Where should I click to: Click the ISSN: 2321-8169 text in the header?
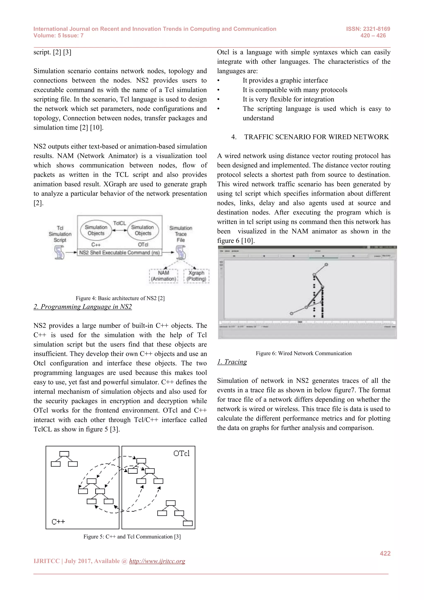pos(368,29)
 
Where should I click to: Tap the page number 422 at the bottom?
pos(385,553)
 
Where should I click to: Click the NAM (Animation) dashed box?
pos(164,276)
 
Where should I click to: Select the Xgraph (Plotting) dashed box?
pos(196,276)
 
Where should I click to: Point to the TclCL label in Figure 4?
pos(119,223)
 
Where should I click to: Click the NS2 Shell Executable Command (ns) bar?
pos(119,252)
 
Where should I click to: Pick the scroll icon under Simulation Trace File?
pos(181,252)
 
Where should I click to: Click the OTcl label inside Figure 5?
pos(181,453)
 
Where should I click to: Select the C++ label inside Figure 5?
pos(58,522)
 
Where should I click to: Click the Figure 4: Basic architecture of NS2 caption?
pos(120,298)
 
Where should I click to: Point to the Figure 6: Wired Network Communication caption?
pos(303,353)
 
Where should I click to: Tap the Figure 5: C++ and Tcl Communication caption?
pos(132,536)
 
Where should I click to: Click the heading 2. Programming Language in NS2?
pos(83,307)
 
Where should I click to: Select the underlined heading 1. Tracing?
pos(232,362)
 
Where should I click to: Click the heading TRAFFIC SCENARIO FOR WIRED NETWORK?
pos(316,137)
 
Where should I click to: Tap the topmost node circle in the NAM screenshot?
pos(326,264)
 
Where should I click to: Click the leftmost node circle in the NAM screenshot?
pos(291,313)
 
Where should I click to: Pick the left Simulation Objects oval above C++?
pos(96,230)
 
